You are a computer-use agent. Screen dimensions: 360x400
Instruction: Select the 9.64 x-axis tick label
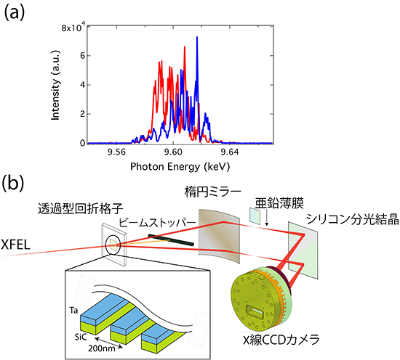click(230, 153)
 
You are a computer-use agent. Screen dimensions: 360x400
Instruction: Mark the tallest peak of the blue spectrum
click(196, 38)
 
